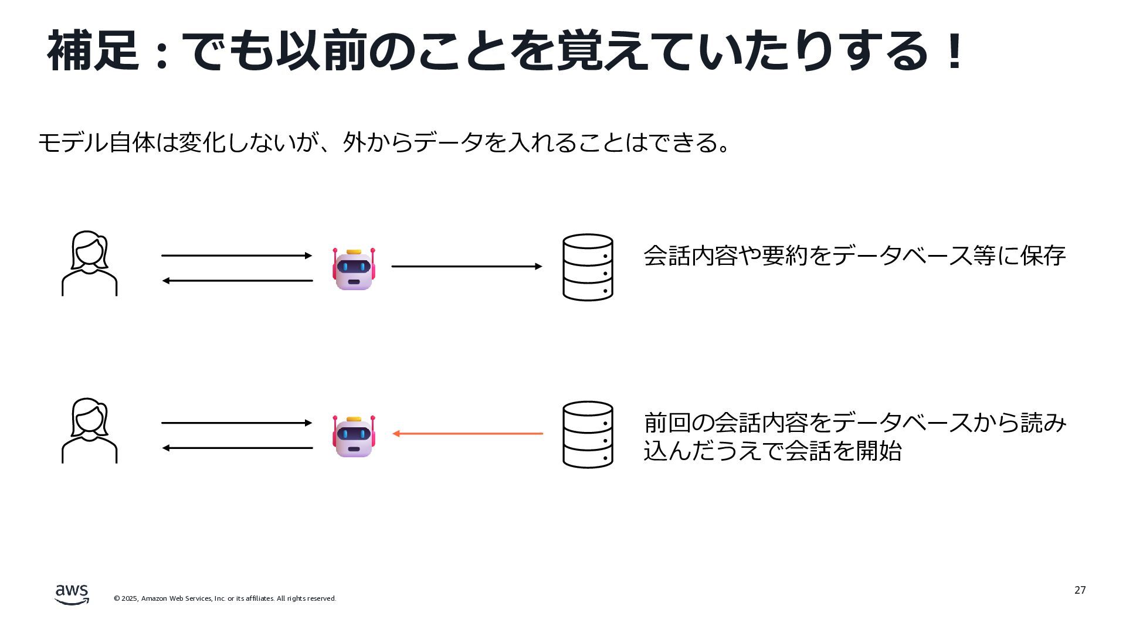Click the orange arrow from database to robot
[x=467, y=434]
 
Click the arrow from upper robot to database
[x=467, y=267]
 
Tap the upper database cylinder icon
[x=588, y=267]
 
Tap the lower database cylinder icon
[x=588, y=434]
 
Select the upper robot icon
[x=354, y=269]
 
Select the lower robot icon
[x=354, y=436]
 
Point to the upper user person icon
[x=90, y=263]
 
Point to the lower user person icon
[x=90, y=431]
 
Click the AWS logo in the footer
[x=72, y=594]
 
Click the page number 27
[x=1080, y=590]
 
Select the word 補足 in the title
[x=93, y=52]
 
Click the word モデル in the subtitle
[x=73, y=142]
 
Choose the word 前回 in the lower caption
[x=667, y=423]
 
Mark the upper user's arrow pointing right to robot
[x=236, y=256]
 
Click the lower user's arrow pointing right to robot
[x=236, y=423]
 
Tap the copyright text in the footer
[x=225, y=598]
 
